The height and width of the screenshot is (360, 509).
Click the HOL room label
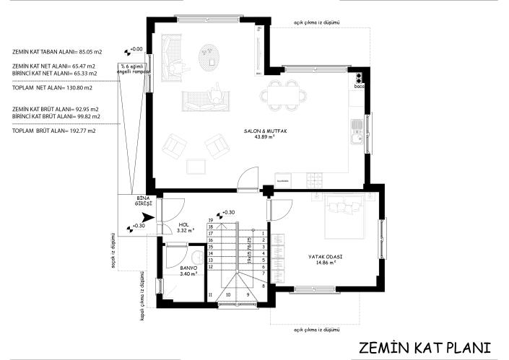(x=186, y=227)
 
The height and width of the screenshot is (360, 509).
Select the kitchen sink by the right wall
(x=355, y=128)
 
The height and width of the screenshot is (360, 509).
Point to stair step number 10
(x=229, y=294)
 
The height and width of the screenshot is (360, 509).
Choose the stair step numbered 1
(x=264, y=234)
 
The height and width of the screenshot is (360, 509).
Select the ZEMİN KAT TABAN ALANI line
(x=56, y=52)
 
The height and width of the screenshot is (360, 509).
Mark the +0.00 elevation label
(x=136, y=49)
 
